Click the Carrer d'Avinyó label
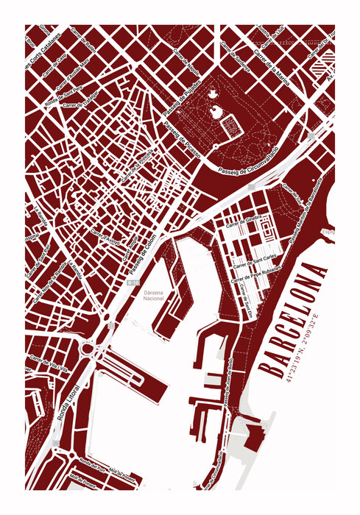click(x=105, y=237)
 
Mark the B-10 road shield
click(x=133, y=282)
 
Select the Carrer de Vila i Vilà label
click(x=49, y=365)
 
